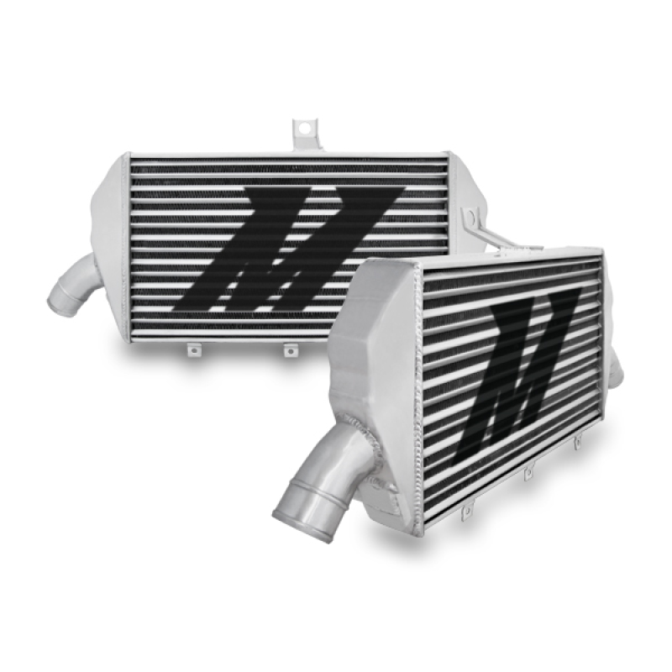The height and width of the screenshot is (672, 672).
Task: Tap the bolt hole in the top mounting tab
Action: pyautogui.click(x=302, y=129)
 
